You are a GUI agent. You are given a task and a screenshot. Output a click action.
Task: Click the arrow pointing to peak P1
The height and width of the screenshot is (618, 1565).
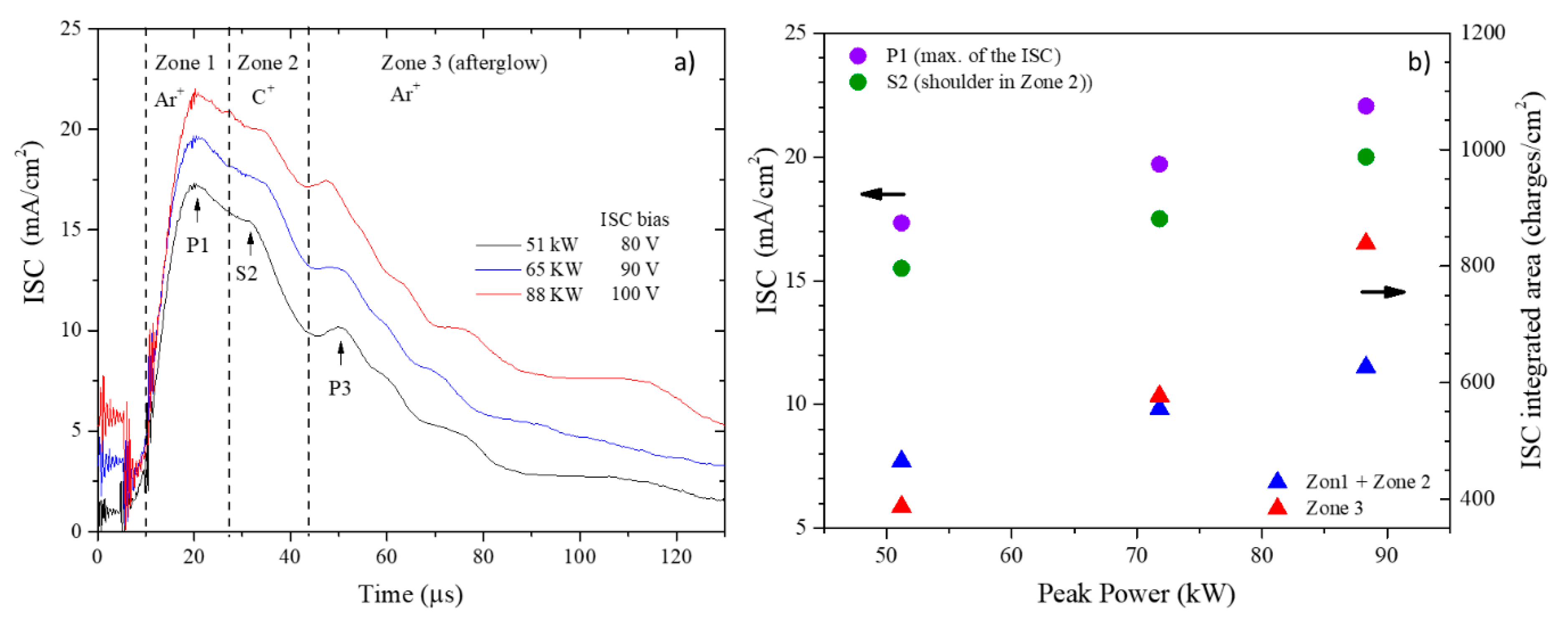(197, 210)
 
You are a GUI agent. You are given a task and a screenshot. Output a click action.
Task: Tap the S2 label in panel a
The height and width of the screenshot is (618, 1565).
(247, 274)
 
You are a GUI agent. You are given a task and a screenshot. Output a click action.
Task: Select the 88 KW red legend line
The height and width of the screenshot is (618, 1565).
(498, 294)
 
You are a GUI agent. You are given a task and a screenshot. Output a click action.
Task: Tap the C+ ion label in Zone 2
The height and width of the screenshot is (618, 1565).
(263, 96)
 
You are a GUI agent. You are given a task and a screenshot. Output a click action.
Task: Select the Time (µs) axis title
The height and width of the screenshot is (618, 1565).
(411, 594)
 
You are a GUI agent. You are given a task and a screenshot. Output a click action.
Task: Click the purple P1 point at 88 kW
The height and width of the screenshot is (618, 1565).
(1366, 106)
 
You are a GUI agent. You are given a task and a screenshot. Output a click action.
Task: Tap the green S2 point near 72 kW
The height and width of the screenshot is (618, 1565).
(1159, 219)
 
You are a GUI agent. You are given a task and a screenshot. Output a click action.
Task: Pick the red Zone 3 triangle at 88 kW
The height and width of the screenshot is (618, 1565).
(1366, 242)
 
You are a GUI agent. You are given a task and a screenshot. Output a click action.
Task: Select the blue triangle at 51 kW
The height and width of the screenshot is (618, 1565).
(902, 459)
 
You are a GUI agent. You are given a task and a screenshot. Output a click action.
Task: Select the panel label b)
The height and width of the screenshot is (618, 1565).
(1419, 62)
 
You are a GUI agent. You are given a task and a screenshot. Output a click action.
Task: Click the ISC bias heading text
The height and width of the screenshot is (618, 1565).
(634, 219)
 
